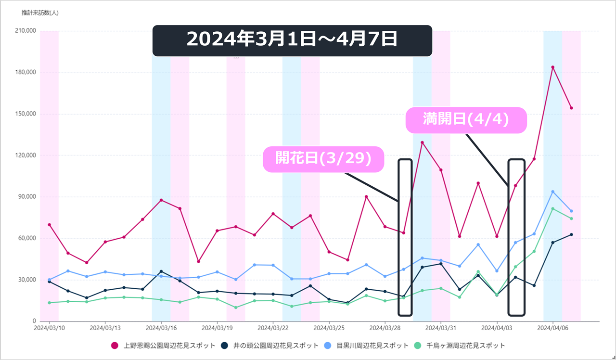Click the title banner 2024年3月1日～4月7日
coord(292,39)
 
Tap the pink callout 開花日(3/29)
coord(323,159)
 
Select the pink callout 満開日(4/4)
coord(466,120)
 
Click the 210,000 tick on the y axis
coord(26,31)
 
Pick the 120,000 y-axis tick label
coord(26,155)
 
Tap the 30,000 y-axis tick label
coord(27,280)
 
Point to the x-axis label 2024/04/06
coord(552,328)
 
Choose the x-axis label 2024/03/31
coord(441,328)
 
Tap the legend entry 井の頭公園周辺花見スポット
coord(269,346)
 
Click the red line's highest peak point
coord(552,67)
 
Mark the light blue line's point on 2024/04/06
coord(552,192)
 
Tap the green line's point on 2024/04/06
coord(552,209)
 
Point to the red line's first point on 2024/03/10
coord(49,225)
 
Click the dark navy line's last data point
coord(571,234)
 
